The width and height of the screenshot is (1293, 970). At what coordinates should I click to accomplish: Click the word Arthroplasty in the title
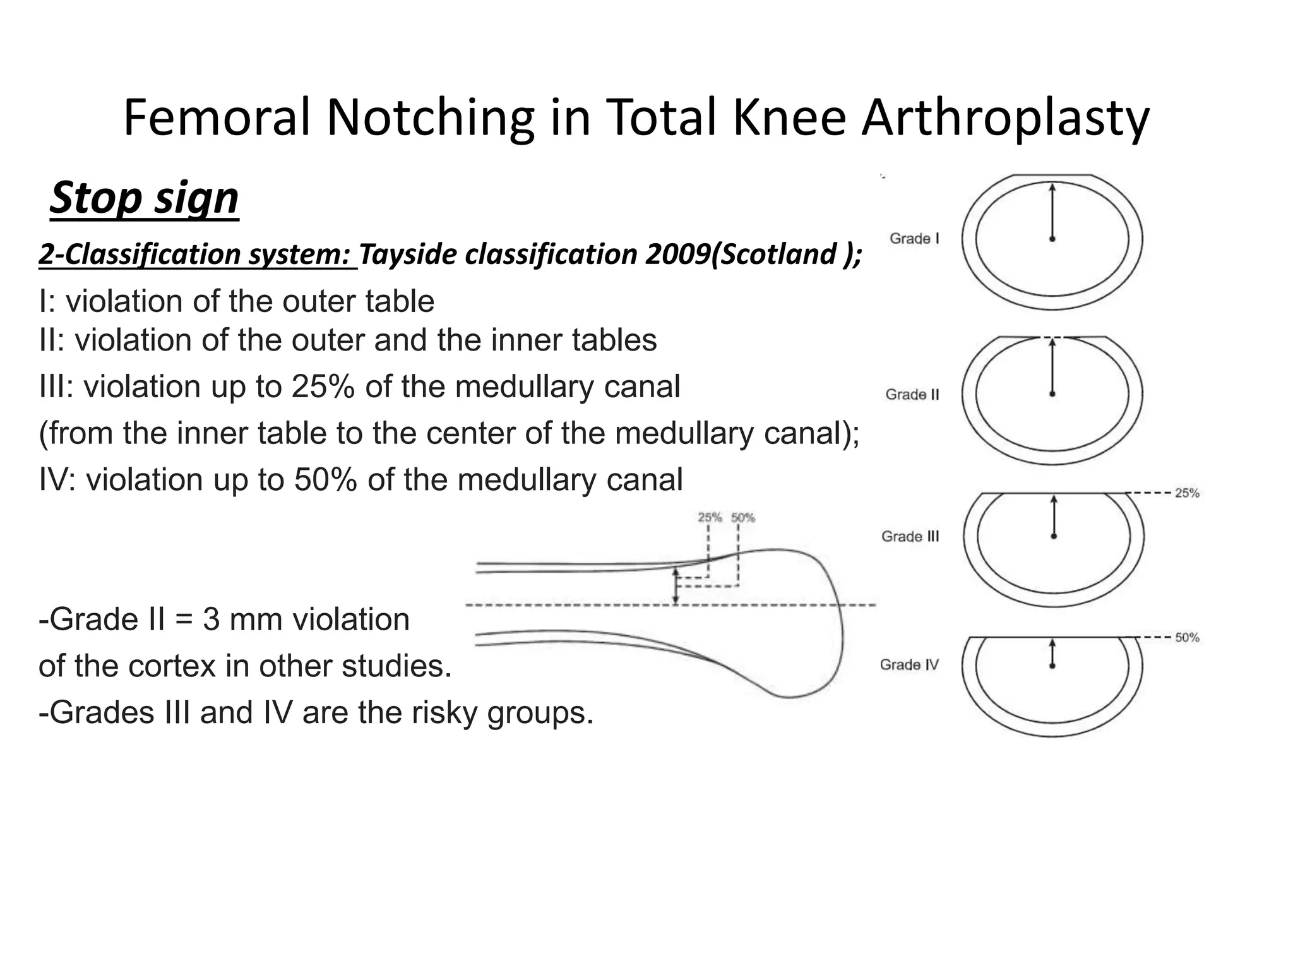1005,119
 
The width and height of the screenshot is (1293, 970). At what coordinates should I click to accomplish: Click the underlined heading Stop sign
144,198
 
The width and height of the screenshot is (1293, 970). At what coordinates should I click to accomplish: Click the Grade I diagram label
914,239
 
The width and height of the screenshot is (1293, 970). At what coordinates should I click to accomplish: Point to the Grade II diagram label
912,395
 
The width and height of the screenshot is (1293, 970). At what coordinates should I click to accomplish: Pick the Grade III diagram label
910,536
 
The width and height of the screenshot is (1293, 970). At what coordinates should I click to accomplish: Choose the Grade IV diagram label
909,664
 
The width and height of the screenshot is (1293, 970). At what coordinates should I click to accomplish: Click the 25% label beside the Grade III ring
1187,493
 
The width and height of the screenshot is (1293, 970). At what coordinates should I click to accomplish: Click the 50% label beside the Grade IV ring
1187,638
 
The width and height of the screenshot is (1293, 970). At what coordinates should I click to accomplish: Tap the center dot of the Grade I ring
1052,239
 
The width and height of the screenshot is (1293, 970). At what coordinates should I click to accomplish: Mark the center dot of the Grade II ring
1052,394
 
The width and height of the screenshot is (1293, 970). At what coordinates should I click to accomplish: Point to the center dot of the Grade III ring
1054,536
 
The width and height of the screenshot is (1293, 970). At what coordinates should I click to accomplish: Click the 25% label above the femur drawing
710,518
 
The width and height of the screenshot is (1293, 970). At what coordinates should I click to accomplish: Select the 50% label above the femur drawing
743,518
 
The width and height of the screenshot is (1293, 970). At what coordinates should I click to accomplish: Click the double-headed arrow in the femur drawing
676,586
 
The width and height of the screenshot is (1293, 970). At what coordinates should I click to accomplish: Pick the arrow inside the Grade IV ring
1052,653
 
